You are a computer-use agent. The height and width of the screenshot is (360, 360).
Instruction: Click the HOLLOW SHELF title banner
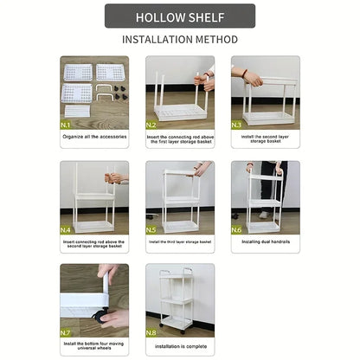(x=180, y=16)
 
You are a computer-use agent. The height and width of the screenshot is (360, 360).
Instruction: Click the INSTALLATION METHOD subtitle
(x=180, y=40)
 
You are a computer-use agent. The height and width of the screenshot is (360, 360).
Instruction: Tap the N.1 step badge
(x=67, y=124)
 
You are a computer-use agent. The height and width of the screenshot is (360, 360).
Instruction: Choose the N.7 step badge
(x=67, y=331)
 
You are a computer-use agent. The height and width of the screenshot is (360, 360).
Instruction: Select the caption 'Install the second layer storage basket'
(x=265, y=138)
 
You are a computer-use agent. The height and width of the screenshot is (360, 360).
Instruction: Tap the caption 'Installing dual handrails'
(x=265, y=242)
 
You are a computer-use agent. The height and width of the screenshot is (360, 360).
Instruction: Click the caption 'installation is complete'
(x=180, y=346)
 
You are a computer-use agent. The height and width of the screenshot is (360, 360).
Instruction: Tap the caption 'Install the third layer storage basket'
(x=180, y=242)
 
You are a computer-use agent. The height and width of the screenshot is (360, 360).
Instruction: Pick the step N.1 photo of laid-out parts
(x=94, y=87)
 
